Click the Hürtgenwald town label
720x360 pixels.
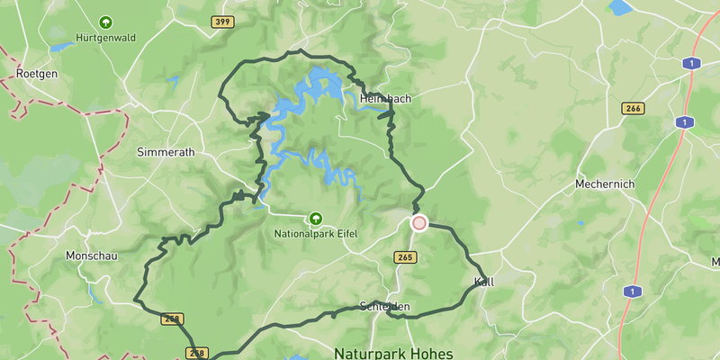(105, 39)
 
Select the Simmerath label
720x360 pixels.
(166, 152)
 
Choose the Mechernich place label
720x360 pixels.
(605, 184)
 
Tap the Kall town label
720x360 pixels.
(483, 282)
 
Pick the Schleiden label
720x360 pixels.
(384, 307)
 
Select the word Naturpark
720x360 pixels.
(371, 354)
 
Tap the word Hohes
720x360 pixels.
(432, 354)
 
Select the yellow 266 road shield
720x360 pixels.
(634, 108)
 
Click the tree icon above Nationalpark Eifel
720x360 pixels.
(316, 218)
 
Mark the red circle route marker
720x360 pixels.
(418, 222)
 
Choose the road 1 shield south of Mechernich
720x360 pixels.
(634, 292)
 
